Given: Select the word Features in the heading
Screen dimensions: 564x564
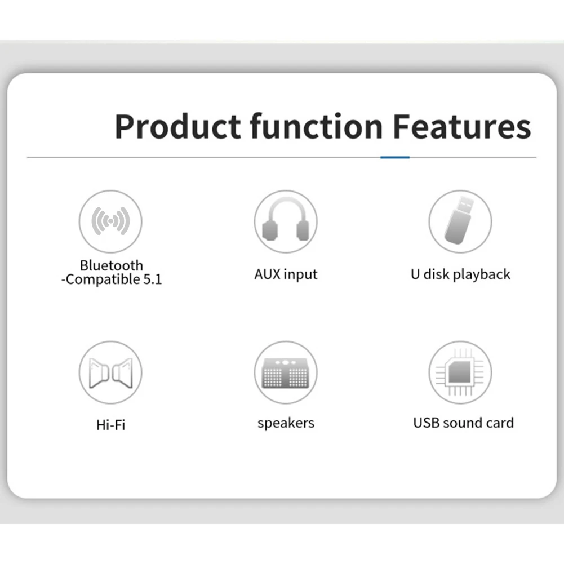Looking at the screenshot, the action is (x=462, y=126).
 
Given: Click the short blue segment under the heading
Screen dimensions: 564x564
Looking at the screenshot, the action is (x=395, y=157).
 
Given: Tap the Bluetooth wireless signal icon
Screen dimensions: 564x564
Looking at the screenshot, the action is (x=110, y=221).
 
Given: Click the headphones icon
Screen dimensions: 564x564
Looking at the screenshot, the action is (x=286, y=220).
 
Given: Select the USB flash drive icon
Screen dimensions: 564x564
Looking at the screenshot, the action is (x=459, y=220).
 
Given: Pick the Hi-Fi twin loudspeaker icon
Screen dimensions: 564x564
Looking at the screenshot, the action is (x=110, y=373).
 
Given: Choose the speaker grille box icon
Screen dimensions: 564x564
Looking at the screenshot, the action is (x=286, y=374).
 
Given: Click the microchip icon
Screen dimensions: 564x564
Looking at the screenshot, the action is (x=460, y=372).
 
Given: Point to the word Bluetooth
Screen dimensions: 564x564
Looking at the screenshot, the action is (x=112, y=265).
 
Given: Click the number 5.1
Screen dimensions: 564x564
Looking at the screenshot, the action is (x=153, y=279).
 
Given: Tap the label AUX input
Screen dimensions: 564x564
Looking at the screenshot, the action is (x=286, y=274).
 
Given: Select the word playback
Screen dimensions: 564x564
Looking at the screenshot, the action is (x=481, y=274).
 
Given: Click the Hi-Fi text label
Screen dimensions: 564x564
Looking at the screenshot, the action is (x=111, y=425).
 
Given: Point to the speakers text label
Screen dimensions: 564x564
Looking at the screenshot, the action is (x=286, y=423).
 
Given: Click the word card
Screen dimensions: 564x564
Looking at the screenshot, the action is (x=500, y=423).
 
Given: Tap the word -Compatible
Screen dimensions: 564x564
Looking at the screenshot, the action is (x=101, y=279).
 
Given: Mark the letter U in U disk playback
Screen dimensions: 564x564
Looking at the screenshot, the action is (x=415, y=274).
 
